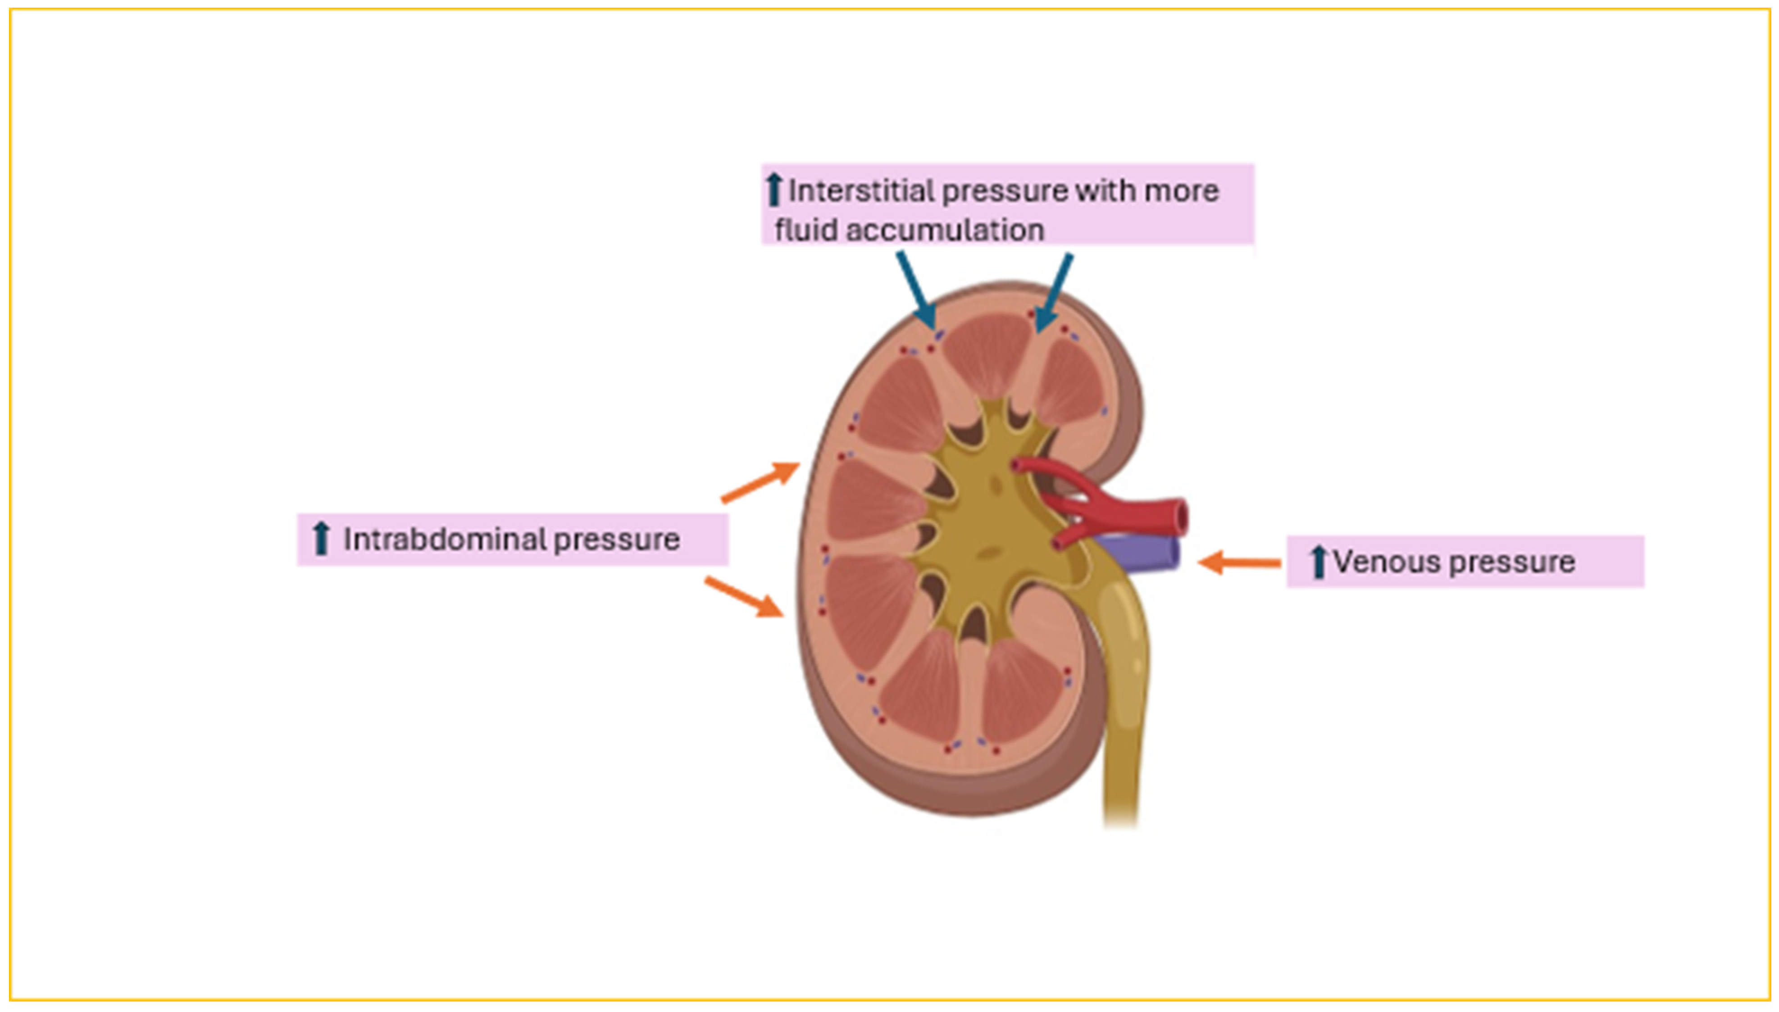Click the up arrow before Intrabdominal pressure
click(x=320, y=540)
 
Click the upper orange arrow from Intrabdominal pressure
click(x=760, y=481)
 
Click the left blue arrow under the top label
click(x=917, y=291)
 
